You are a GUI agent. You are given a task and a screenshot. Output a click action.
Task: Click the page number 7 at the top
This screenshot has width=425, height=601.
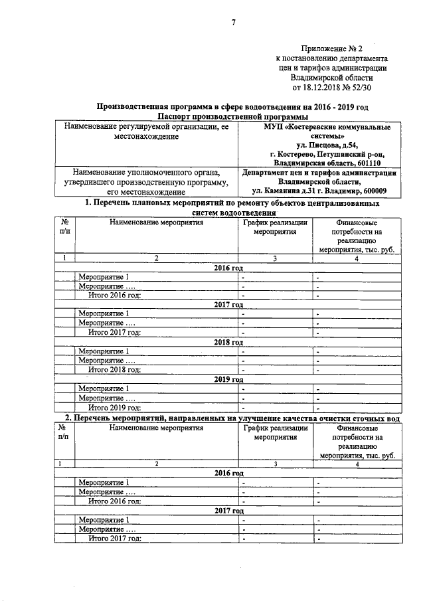click(234, 24)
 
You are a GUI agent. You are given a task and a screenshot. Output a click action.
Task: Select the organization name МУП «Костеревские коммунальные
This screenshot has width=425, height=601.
click(323, 126)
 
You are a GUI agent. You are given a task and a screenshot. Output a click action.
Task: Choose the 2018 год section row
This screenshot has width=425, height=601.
click(228, 341)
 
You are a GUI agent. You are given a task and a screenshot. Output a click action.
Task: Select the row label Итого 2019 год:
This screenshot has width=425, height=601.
click(115, 407)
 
